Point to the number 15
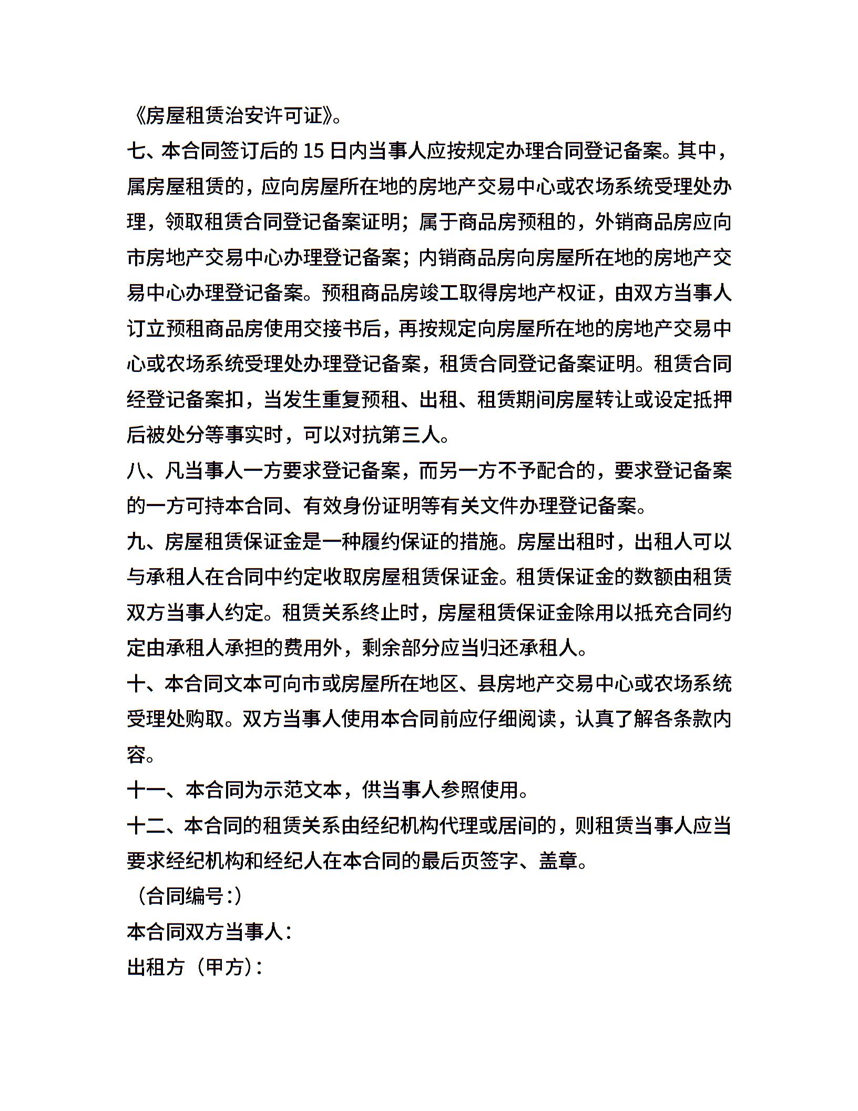pos(314,151)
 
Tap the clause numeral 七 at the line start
pos(136,151)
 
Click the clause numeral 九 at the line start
pos(136,542)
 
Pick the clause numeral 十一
pos(146,790)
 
